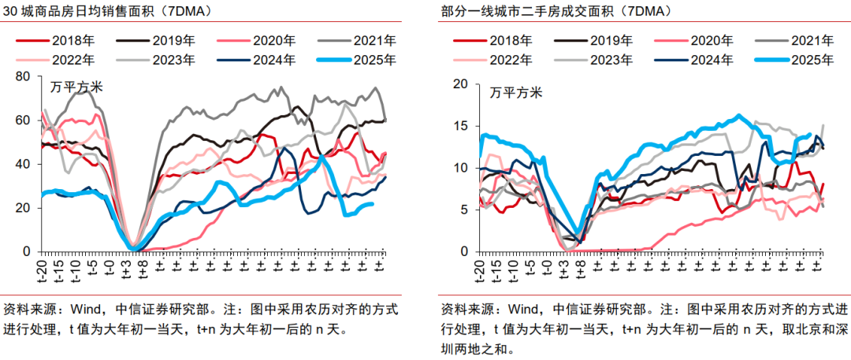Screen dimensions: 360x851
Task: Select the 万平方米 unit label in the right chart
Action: click(x=515, y=93)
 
